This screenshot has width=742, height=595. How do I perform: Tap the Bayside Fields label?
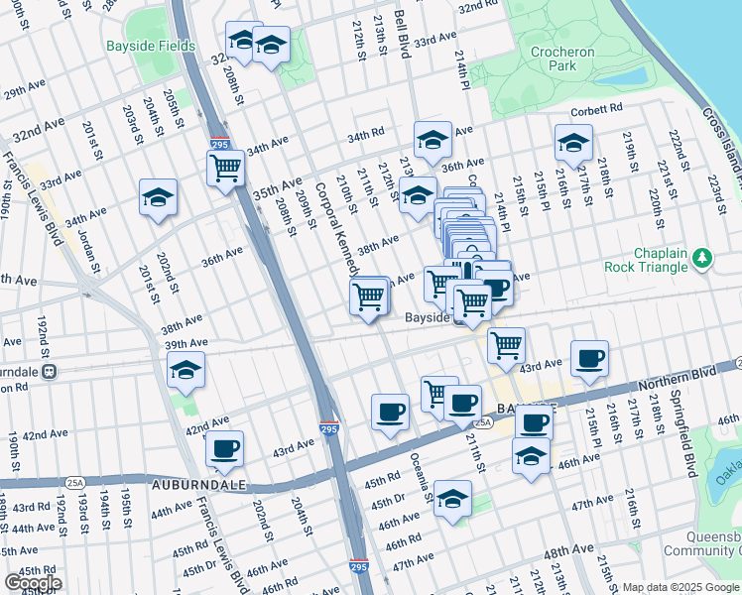pyautogui.click(x=140, y=46)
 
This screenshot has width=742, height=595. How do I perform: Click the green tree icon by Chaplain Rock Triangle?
pyautogui.click(x=703, y=258)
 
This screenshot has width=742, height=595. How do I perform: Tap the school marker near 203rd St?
pyautogui.click(x=159, y=198)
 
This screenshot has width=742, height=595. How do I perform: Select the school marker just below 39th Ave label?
pyautogui.click(x=186, y=370)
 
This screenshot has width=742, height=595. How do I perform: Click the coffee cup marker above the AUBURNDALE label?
pyautogui.click(x=225, y=448)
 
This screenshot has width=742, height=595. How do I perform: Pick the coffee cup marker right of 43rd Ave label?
pyautogui.click(x=589, y=358)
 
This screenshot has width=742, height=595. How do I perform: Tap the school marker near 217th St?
pyautogui.click(x=573, y=143)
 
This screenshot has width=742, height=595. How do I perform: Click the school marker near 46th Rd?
pyautogui.click(x=453, y=501)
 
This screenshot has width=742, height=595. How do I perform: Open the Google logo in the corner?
pyautogui.click(x=33, y=583)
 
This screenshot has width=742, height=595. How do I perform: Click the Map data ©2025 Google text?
pyautogui.click(x=680, y=587)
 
